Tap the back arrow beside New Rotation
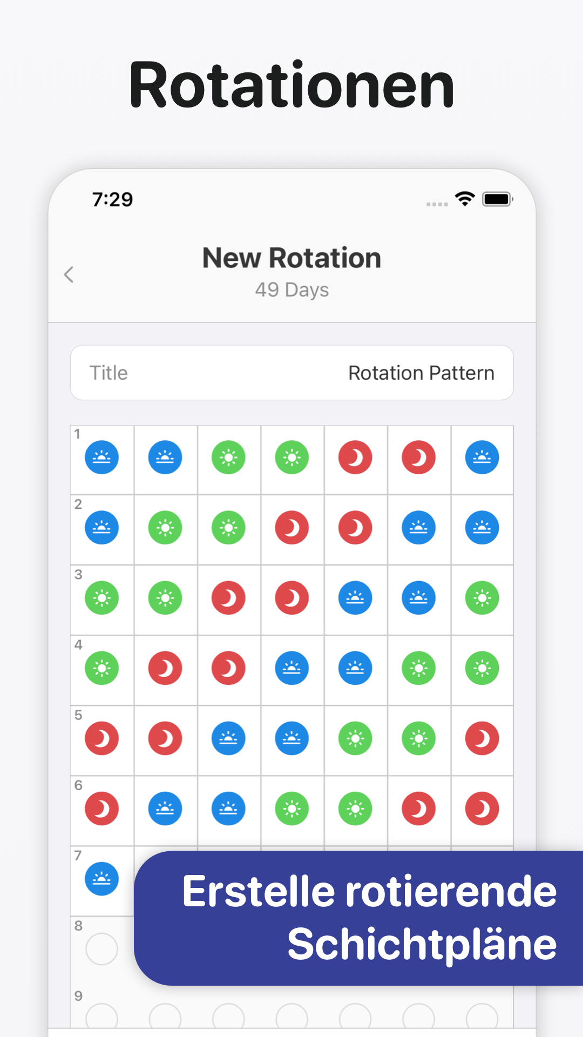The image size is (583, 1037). [x=69, y=274]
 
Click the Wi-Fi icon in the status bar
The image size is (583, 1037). [x=465, y=199]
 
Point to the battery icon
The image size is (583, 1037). [x=497, y=199]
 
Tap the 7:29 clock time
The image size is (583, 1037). [x=112, y=199]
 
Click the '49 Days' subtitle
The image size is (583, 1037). [x=292, y=290]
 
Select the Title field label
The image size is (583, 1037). [x=109, y=373]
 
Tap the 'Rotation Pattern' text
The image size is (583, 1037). [x=421, y=373]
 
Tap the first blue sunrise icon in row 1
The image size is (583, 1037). [x=101, y=457]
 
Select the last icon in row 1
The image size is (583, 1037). [x=482, y=457]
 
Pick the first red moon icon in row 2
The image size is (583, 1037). [x=292, y=528]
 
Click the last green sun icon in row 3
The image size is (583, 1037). [x=482, y=598]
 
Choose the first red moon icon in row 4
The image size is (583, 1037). [x=165, y=668]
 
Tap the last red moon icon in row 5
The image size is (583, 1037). [x=482, y=738]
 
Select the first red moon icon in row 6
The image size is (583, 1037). [x=101, y=809]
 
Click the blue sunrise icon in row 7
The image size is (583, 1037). [x=101, y=879]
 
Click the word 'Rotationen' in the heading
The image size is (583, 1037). [x=291, y=85]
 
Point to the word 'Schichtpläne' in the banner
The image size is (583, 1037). [x=422, y=944]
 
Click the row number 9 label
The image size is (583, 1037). [x=78, y=995]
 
